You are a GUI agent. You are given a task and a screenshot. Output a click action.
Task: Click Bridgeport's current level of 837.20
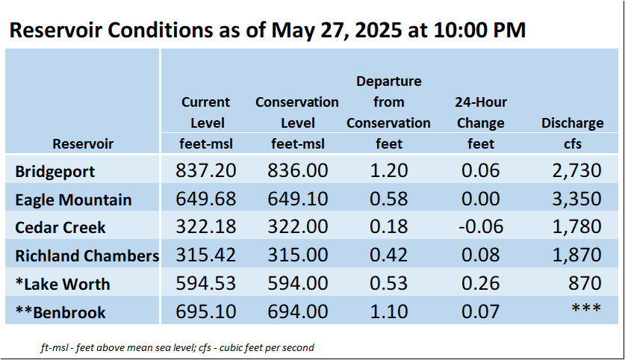tap(205, 170)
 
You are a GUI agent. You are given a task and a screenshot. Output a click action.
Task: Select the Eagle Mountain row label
tap(73, 199)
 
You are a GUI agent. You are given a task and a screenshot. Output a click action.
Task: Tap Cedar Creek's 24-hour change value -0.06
tap(481, 226)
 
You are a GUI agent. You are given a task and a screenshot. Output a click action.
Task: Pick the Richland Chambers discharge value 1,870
tap(576, 255)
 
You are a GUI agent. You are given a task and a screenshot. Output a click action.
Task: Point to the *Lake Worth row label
tap(63, 285)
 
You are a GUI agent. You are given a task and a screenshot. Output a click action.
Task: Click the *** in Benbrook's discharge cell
tap(586, 308)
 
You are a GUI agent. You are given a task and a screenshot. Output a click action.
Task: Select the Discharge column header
tap(573, 122)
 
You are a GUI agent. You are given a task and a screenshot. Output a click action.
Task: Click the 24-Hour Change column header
tap(481, 113)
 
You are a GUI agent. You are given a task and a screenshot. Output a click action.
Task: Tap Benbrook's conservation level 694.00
tap(298, 311)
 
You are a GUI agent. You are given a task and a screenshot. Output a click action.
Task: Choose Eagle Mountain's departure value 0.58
tap(388, 199)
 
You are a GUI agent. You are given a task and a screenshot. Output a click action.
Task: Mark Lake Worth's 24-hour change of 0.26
tap(480, 283)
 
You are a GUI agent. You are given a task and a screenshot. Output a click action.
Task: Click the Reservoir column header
tap(83, 143)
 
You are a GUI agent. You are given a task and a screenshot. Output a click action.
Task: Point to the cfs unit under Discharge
tap(573, 143)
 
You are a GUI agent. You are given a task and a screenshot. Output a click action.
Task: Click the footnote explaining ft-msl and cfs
tap(178, 347)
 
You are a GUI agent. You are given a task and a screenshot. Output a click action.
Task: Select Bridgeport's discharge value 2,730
tap(576, 170)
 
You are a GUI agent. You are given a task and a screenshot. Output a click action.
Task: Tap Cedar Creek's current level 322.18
tap(205, 226)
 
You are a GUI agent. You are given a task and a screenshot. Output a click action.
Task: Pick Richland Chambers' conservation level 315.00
tap(298, 255)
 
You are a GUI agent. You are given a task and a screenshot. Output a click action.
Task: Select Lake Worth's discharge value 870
tap(585, 283)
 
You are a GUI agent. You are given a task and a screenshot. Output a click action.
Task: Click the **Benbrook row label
tap(60, 312)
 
